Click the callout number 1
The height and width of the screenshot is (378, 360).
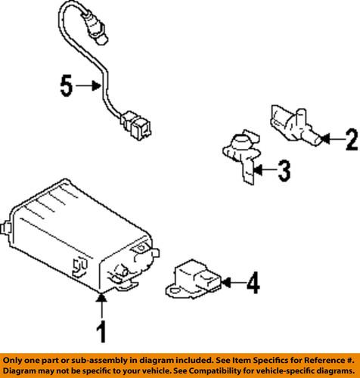pos(101,331)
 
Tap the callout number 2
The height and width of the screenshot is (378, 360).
pos(352,139)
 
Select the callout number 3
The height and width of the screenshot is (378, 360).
pos(284,171)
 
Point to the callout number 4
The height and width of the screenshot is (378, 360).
pos(253,283)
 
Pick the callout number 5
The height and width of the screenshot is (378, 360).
pos(67,85)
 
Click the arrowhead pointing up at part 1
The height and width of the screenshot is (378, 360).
pos(101,297)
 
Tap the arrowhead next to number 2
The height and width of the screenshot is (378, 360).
pos(325,139)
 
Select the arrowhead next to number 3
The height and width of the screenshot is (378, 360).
pos(258,170)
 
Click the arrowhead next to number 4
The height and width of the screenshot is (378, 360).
pos(226,283)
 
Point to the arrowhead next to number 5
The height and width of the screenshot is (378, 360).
pos(96,86)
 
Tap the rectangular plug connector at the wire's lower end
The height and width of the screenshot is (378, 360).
pos(136,125)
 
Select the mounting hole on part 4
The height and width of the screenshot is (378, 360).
pos(174,292)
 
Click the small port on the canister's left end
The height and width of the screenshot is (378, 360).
pos(5,228)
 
